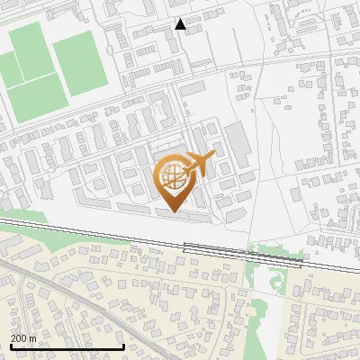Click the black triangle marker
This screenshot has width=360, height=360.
pyautogui.click(x=181, y=24)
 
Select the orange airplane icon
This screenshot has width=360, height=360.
pyautogui.click(x=202, y=164)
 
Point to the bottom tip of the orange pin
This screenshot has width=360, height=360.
pyautogui.click(x=175, y=212)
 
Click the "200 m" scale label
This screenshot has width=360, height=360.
pyautogui.click(x=22, y=337)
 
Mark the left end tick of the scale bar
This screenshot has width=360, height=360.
pyautogui.click(x=10, y=346)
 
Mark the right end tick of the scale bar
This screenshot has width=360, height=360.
pyautogui.click(x=123, y=346)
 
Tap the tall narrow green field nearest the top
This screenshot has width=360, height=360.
pyautogui.click(x=33, y=49)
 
